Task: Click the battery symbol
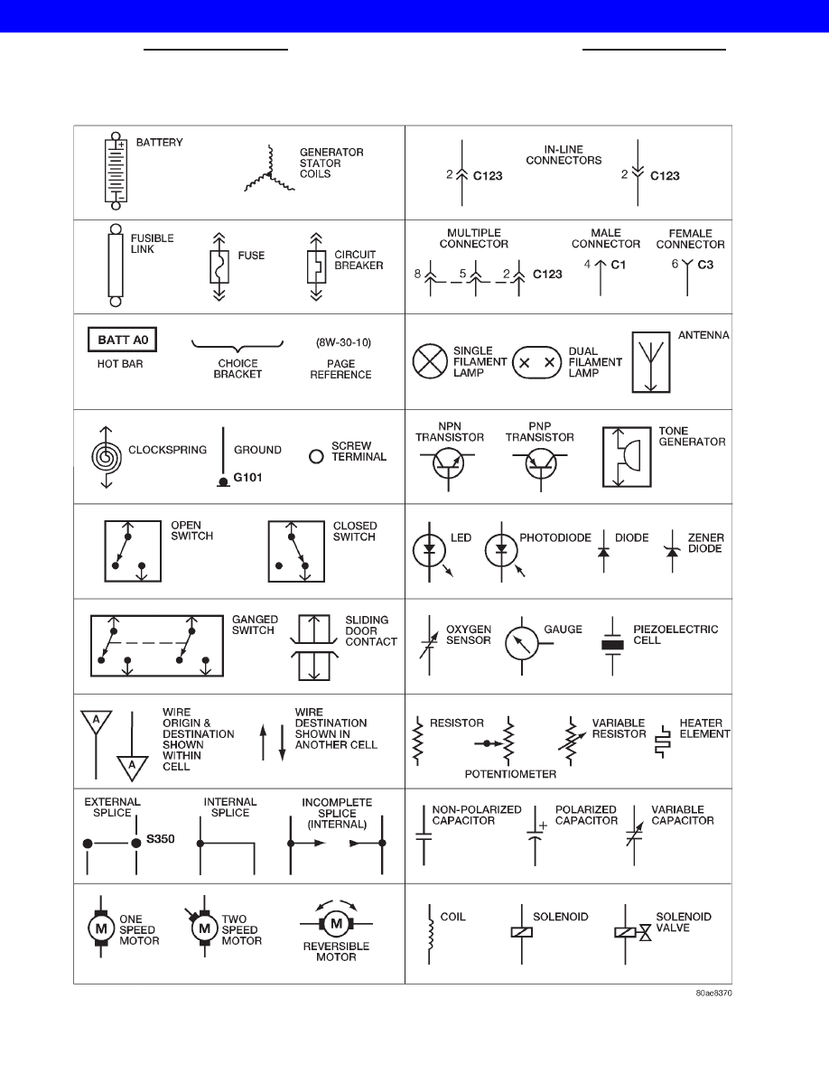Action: coord(116,171)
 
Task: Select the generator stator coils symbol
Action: coord(269,171)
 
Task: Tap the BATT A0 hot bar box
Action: coord(123,341)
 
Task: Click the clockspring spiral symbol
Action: coord(106,456)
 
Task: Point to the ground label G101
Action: coord(247,478)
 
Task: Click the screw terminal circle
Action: coord(316,456)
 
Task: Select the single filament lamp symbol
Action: coord(430,361)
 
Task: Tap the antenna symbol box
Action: coord(650,362)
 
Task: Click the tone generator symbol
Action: coord(627,457)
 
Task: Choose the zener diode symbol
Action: coord(673,551)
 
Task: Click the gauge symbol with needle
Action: coord(523,642)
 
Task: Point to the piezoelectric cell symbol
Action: coord(613,645)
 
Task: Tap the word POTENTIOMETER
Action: coord(510,774)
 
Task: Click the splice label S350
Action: coord(160,839)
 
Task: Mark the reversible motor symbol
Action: coord(336,924)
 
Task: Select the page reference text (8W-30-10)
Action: coord(343,342)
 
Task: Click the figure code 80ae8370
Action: coord(713,993)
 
